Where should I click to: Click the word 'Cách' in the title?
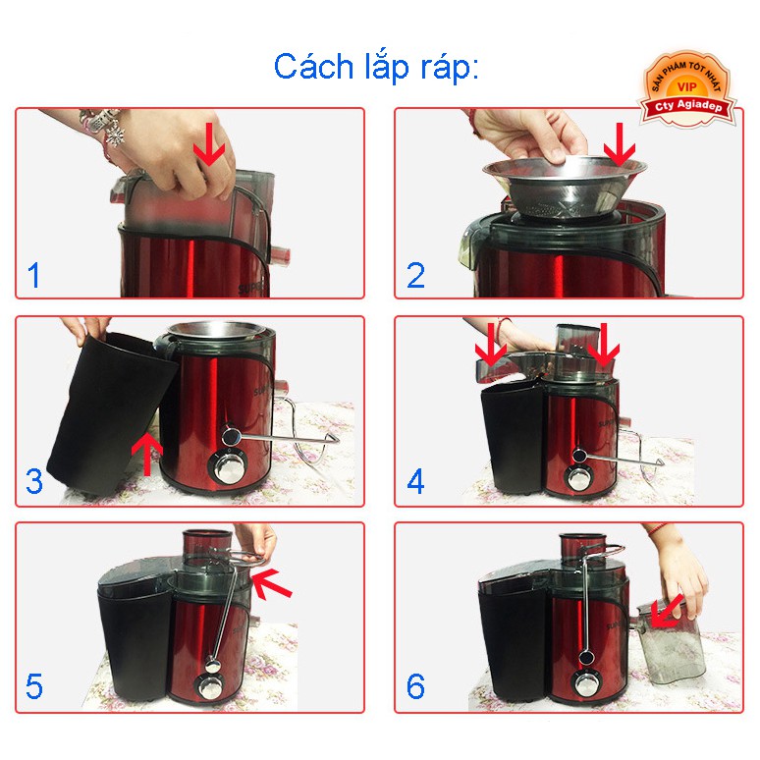tap(314, 67)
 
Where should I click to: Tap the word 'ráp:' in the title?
tap(450, 68)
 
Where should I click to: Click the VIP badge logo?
tap(686, 89)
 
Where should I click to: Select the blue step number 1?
tap(34, 275)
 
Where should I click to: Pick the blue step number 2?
tap(416, 275)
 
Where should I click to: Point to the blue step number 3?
tap(34, 481)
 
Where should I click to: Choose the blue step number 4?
tap(416, 481)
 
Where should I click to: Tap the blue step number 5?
tap(34, 686)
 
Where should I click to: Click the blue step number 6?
tap(416, 686)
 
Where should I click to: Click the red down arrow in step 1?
tap(209, 144)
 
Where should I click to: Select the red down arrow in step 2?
tap(619, 144)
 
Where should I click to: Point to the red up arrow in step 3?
tap(147, 454)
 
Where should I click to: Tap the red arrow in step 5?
tap(271, 583)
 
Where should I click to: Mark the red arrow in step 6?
tap(666, 613)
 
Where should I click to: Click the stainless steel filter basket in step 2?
tap(565, 187)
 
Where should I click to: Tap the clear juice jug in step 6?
tap(669, 642)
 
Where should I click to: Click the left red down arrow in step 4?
tap(491, 345)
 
